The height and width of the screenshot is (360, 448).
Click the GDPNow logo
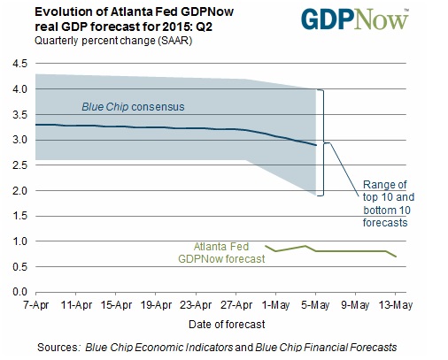pyautogui.click(x=355, y=19)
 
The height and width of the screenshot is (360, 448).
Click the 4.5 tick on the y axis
pyautogui.click(x=19, y=64)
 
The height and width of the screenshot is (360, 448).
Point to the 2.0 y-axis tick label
pyautogui.click(x=19, y=191)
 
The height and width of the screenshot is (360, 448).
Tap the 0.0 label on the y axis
pyautogui.click(x=19, y=292)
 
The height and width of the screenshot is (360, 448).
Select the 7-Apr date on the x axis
pyautogui.click(x=36, y=305)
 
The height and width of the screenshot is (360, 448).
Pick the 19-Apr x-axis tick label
pyautogui.click(x=156, y=305)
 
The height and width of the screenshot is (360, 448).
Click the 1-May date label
pyautogui.click(x=276, y=305)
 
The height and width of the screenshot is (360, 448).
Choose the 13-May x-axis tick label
pyautogui.click(x=396, y=305)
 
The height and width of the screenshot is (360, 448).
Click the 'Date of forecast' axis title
pyautogui.click(x=227, y=325)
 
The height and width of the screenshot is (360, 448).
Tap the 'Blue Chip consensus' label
pyautogui.click(x=133, y=107)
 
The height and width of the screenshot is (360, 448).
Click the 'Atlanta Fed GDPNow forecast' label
pyautogui.click(x=221, y=253)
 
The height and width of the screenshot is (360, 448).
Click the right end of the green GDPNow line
pyautogui.click(x=396, y=257)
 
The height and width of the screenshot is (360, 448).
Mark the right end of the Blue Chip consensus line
pyautogui.click(x=316, y=145)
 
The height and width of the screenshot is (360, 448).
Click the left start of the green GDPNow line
pyautogui.click(x=266, y=246)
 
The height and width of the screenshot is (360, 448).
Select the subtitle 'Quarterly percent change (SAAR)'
pyautogui.click(x=113, y=41)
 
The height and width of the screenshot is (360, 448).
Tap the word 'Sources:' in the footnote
pyautogui.click(x=58, y=348)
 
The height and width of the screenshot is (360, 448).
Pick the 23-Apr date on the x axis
pyautogui.click(x=196, y=305)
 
